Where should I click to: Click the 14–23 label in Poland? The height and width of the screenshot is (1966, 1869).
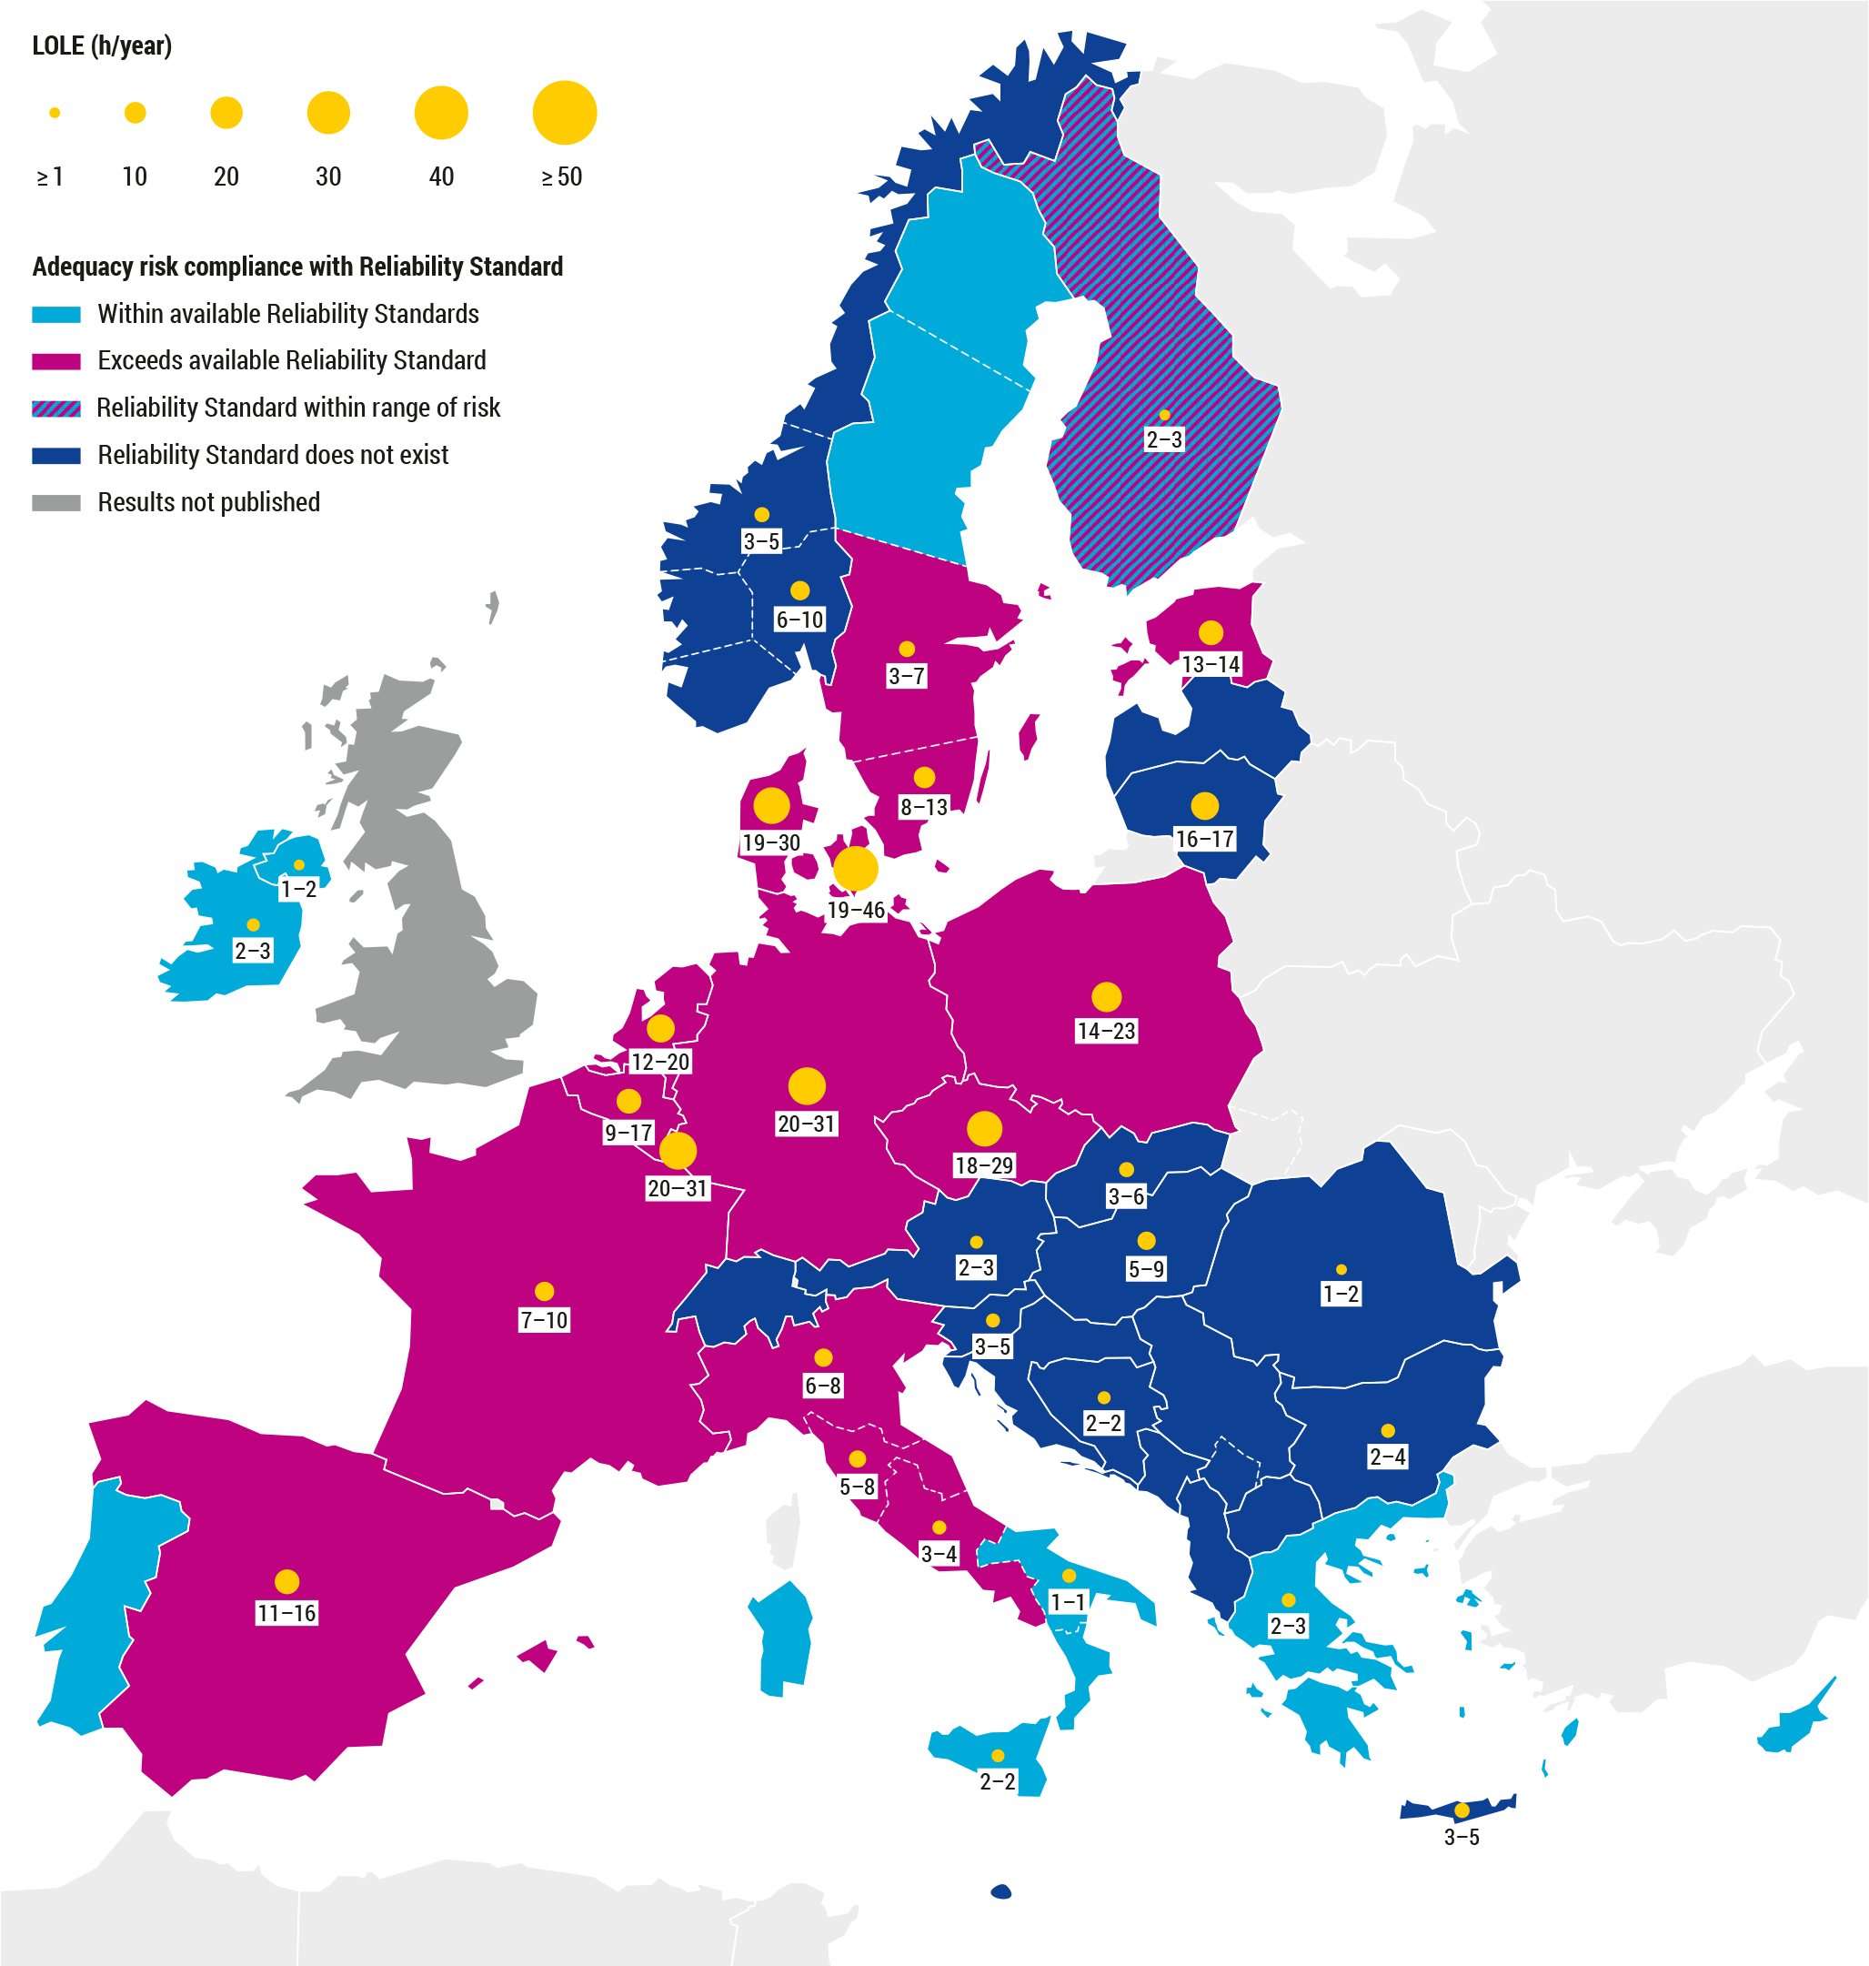click(1106, 1031)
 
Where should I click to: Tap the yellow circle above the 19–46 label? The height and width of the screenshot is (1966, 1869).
click(855, 868)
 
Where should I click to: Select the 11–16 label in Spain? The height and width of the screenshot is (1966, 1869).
click(286, 1612)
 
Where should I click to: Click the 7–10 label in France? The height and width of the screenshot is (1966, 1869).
click(544, 1319)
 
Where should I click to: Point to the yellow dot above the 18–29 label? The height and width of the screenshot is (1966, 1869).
click(984, 1129)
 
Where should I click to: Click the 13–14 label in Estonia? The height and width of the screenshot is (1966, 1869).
click(1211, 663)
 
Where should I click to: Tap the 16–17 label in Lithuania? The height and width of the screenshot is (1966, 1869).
click(1204, 838)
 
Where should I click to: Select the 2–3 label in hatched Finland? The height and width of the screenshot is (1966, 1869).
click(1163, 439)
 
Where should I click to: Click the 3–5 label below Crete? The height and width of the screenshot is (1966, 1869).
click(1461, 1837)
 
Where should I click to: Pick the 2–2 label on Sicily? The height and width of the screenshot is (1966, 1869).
click(998, 1780)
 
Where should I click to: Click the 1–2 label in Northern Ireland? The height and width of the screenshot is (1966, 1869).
click(298, 888)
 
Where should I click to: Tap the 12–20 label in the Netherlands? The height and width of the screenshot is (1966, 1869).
click(659, 1061)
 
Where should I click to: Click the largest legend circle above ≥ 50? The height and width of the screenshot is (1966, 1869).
click(564, 113)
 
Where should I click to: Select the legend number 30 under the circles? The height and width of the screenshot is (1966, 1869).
click(327, 177)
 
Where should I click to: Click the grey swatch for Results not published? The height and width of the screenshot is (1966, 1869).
click(55, 502)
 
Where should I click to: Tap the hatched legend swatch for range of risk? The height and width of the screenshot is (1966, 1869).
click(55, 408)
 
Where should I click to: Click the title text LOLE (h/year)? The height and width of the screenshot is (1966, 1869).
click(102, 45)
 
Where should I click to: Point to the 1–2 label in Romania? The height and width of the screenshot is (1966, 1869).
click(1340, 1294)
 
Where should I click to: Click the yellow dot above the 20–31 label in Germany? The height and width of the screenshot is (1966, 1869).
click(806, 1085)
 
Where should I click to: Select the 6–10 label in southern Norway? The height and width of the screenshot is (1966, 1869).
click(799, 619)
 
